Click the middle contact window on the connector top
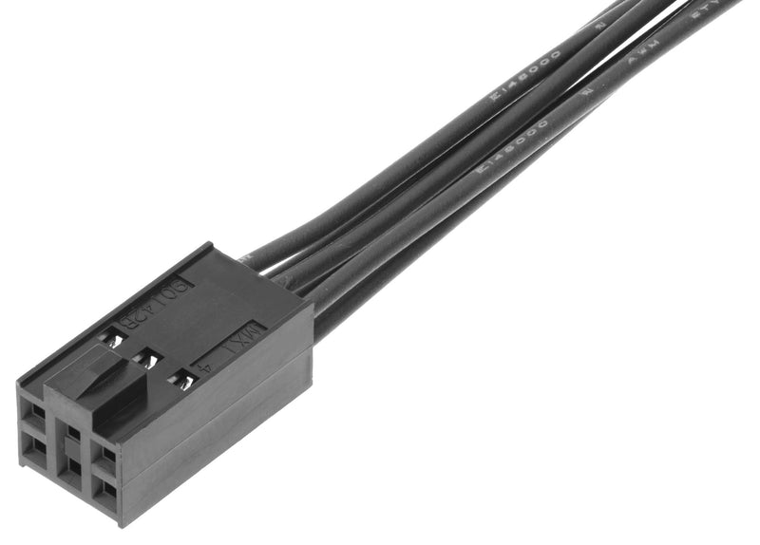point(147,360)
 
